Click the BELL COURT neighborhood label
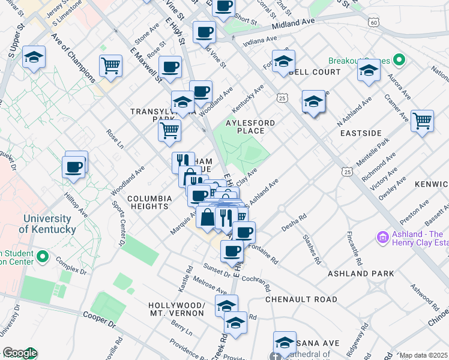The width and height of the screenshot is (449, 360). click(x=318, y=72)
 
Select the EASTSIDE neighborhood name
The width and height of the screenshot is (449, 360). click(x=360, y=132)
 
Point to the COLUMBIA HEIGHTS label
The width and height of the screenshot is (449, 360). click(x=148, y=202)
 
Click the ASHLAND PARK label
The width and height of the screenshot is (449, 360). click(x=360, y=274)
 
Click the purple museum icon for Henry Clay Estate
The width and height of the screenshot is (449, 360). click(x=383, y=238)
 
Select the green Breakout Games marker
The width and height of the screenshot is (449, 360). click(x=398, y=61)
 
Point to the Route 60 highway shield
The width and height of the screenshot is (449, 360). click(x=373, y=22)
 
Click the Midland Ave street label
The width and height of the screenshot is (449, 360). click(x=293, y=25)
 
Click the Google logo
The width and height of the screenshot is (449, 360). click(x=19, y=353)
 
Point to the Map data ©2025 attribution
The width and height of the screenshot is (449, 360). click(x=424, y=355)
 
